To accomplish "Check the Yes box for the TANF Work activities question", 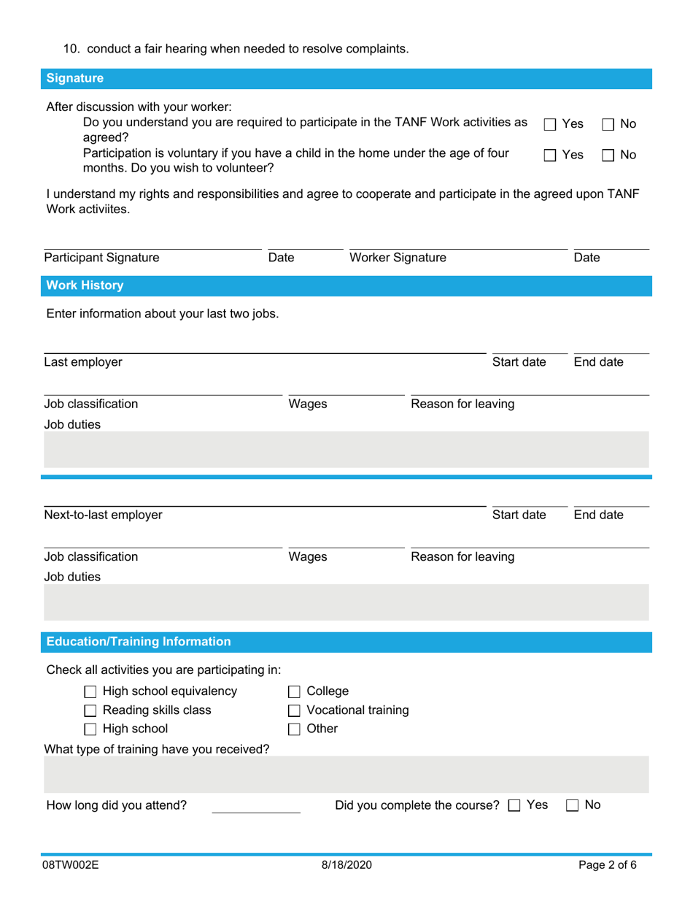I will pyautogui.click(x=551, y=125).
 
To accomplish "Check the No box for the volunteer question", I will pyautogui.click(x=608, y=155).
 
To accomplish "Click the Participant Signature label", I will pyautogui.click(x=101, y=258).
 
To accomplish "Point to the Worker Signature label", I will pyautogui.click(x=398, y=258).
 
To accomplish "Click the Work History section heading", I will pyautogui.click(x=85, y=285).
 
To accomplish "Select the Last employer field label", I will pyautogui.click(x=83, y=362).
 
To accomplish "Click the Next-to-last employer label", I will pyautogui.click(x=103, y=515).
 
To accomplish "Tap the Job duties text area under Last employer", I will pyautogui.click(x=346, y=449).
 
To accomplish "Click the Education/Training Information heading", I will pyautogui.click(x=139, y=642).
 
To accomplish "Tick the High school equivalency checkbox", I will pyautogui.click(x=91, y=691).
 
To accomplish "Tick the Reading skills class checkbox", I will pyautogui.click(x=91, y=710).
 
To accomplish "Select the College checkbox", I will pyautogui.click(x=295, y=691).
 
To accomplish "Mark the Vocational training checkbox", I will pyautogui.click(x=295, y=710).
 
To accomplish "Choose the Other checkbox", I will pyautogui.click(x=295, y=729).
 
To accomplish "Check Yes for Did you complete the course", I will pyautogui.click(x=514, y=805).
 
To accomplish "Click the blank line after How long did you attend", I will pyautogui.click(x=255, y=806).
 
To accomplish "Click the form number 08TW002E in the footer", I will pyautogui.click(x=71, y=865).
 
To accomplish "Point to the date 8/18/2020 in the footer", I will pyautogui.click(x=346, y=865).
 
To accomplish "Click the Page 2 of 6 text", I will pyautogui.click(x=607, y=865).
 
